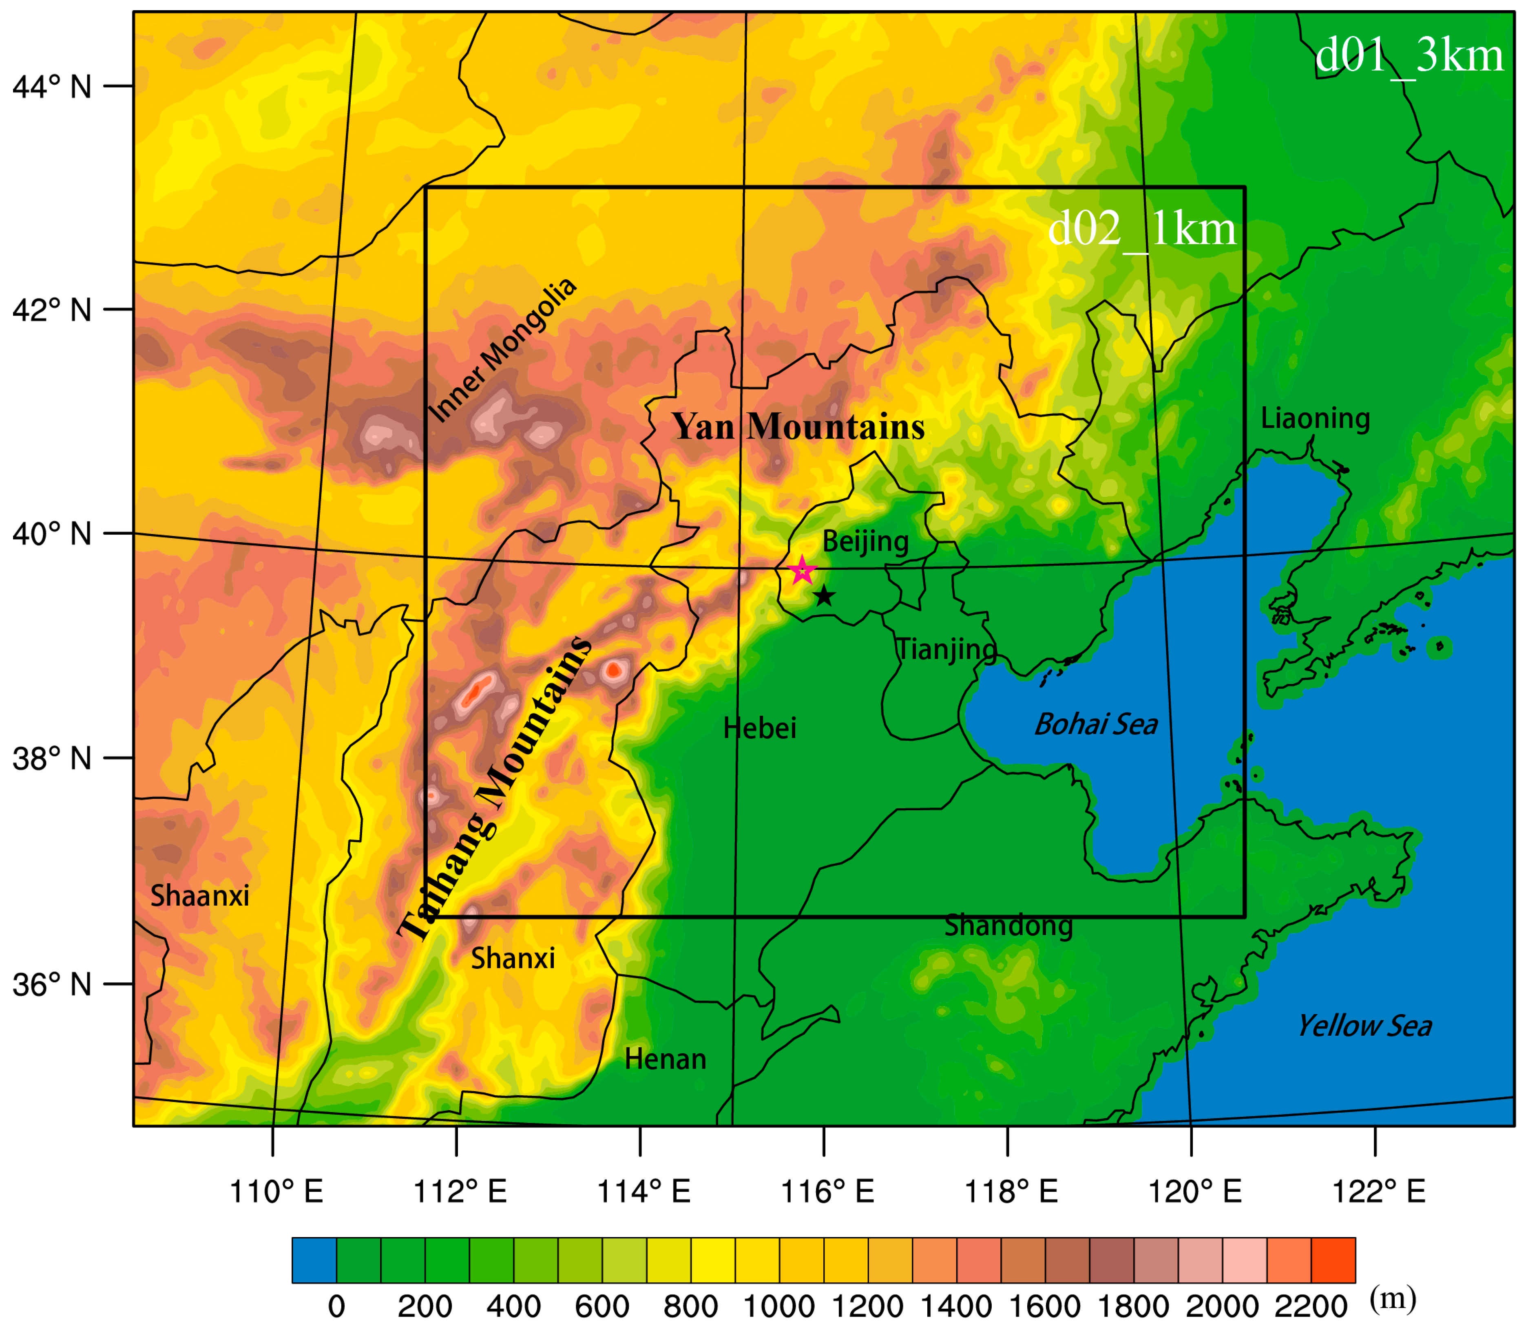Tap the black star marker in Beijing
tap(824, 595)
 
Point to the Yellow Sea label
tap(1364, 1026)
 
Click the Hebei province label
tap(760, 729)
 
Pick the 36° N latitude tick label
tap(52, 985)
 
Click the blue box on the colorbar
tap(314, 1260)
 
